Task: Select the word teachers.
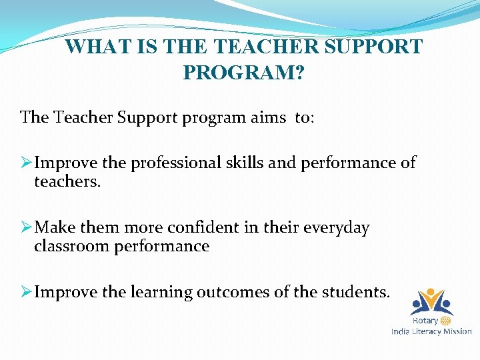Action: point(67,181)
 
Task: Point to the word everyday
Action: point(336,228)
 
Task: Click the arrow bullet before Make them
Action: point(27,228)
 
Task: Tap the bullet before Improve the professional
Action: point(27,163)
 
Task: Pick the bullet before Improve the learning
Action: point(27,293)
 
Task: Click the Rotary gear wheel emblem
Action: point(446,321)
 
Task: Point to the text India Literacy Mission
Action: point(431,331)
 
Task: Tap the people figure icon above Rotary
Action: point(431,301)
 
